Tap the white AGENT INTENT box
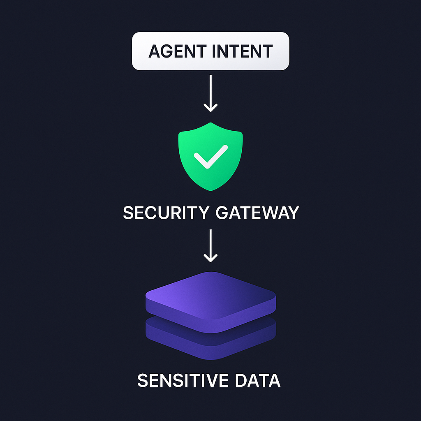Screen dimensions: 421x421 210,51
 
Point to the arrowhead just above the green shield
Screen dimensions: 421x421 210,108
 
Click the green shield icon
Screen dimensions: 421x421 210,156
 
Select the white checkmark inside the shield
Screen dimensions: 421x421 210,157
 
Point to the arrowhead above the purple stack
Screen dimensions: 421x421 210,259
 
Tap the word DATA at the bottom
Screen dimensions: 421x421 258,381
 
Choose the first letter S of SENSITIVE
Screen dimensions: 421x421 142,381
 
